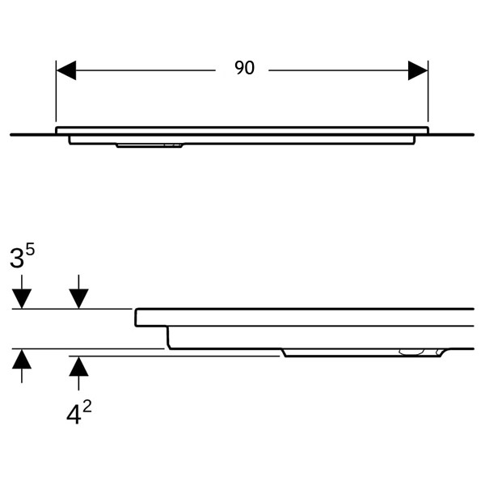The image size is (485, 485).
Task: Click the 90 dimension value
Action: tap(244, 68)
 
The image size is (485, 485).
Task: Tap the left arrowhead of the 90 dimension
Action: tap(66, 70)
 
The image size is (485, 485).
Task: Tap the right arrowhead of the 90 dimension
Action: tap(418, 70)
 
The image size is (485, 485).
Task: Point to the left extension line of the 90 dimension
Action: tap(56, 91)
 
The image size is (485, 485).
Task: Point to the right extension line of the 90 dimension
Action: tap(428, 91)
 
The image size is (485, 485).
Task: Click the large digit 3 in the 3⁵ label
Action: tap(17, 258)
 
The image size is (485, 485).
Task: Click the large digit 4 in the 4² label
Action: tap(74, 415)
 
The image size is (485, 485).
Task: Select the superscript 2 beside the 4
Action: tap(87, 407)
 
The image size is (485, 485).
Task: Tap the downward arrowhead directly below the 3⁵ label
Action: tap(22, 299)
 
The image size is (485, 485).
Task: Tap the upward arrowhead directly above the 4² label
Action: tap(78, 366)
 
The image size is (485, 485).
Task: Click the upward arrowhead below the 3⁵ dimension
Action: tap(22, 359)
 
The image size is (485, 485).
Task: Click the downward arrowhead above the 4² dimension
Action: tap(78, 299)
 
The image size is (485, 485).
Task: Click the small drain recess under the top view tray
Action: tap(150, 145)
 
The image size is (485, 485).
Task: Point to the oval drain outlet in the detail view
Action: tap(411, 352)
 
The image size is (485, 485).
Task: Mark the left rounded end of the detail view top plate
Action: tap(136, 318)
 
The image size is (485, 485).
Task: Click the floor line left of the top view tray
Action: tap(33, 135)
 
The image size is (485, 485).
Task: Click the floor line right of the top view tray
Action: tap(451, 135)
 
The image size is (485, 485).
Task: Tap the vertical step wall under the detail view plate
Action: tap(168, 337)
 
